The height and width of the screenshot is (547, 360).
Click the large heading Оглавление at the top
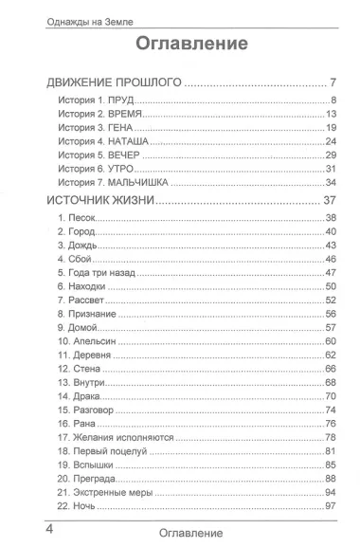coord(192,44)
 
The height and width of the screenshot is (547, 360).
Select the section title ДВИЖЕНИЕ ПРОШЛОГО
coord(114,84)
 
